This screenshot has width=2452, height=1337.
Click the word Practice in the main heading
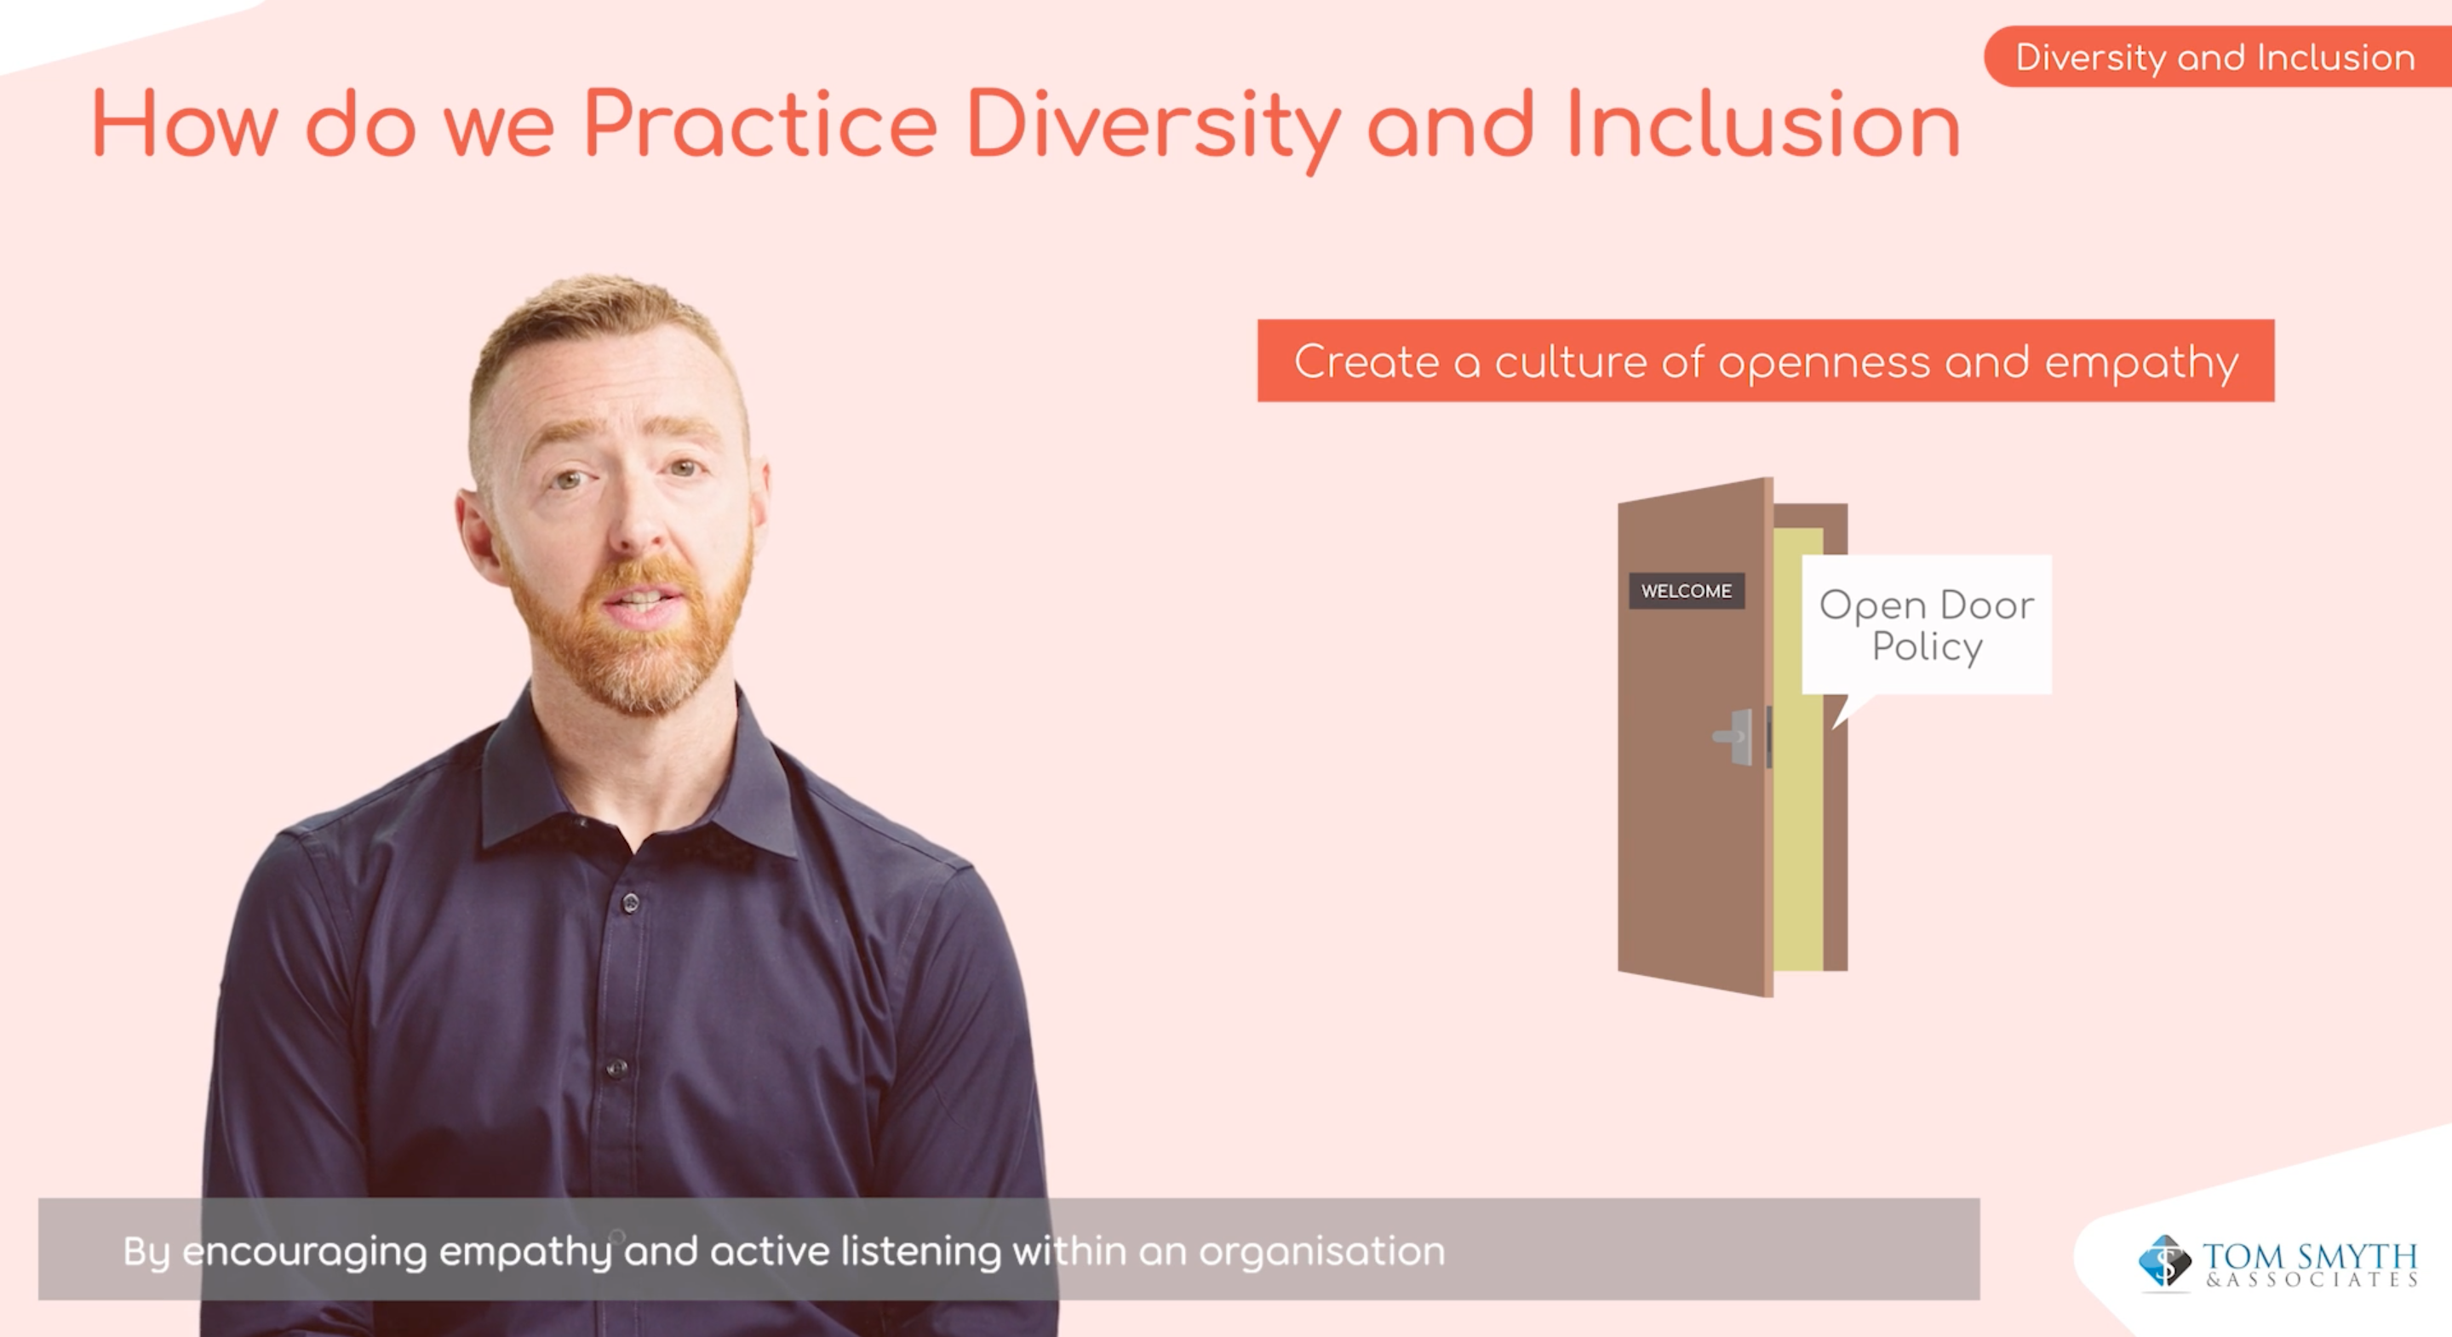coord(760,124)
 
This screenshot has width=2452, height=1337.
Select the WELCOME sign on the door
coord(1686,590)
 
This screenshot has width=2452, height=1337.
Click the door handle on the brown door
coord(1733,736)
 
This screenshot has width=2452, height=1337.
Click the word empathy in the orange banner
coord(2142,363)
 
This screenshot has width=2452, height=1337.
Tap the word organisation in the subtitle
coord(1322,1250)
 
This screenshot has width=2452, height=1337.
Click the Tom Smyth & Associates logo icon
coord(2164,1262)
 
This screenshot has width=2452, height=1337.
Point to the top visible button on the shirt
coord(629,902)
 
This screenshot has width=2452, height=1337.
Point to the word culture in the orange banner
coord(1571,362)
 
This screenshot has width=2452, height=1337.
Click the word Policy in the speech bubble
coord(1928,647)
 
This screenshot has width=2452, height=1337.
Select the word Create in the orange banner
coord(1366,362)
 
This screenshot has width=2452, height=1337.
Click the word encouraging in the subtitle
coord(305,1252)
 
